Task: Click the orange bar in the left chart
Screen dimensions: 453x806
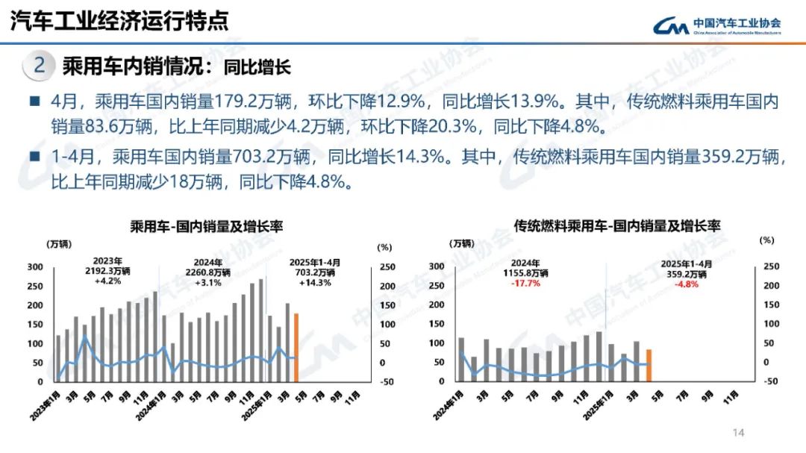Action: (x=296, y=347)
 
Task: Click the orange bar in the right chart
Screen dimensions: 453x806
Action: (x=649, y=365)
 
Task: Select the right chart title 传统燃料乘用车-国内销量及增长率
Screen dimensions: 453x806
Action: (x=617, y=225)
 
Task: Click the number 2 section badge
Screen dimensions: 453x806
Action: (x=40, y=66)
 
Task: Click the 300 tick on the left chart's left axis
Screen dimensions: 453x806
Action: (x=34, y=267)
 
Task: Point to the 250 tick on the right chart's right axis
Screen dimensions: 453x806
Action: (x=771, y=266)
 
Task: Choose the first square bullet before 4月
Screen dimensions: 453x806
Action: (x=34, y=101)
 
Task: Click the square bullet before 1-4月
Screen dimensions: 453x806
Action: (x=34, y=157)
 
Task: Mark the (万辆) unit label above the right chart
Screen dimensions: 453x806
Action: (x=460, y=243)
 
